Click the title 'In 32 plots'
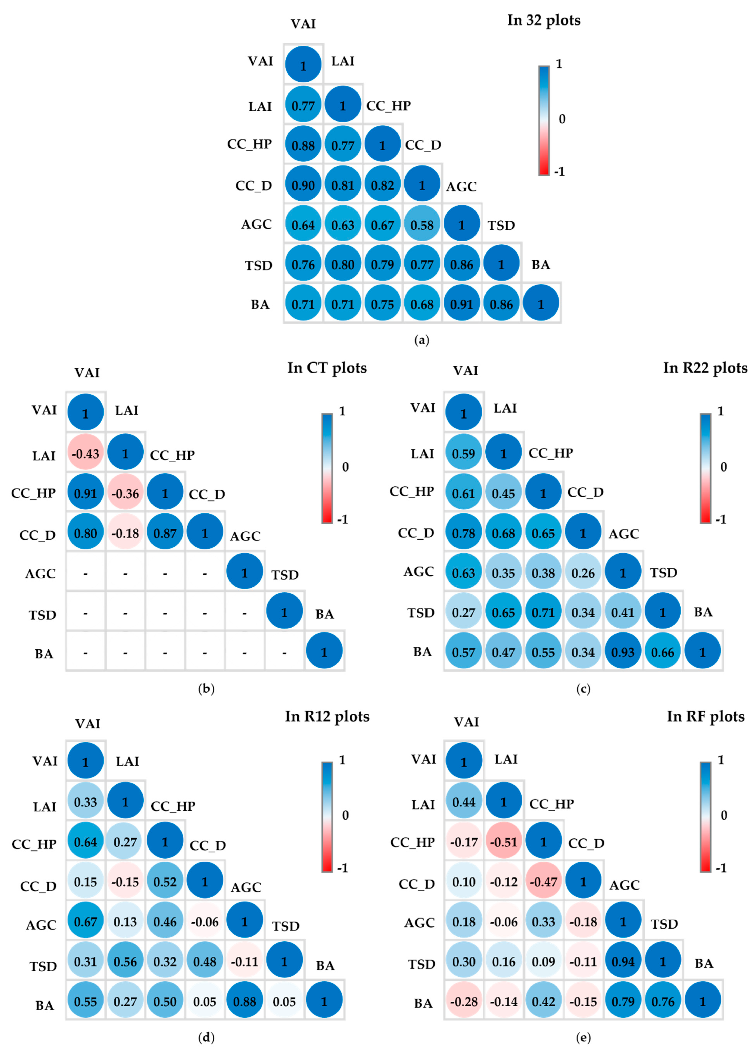543,20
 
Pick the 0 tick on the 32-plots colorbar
562,119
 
